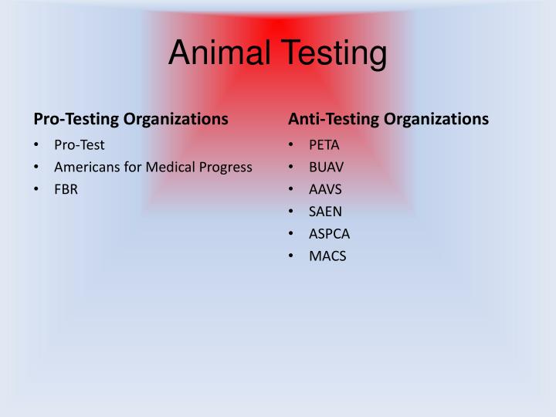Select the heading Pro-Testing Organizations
(x=131, y=119)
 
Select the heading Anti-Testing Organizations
(x=388, y=119)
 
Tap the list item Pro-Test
(x=79, y=145)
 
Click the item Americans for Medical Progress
(x=153, y=167)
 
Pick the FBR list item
(x=66, y=189)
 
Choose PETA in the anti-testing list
(x=324, y=145)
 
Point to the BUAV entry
(x=327, y=167)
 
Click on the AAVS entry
(x=325, y=189)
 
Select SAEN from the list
(x=325, y=212)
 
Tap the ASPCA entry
(x=330, y=234)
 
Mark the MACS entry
(x=327, y=256)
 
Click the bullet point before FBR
(x=37, y=189)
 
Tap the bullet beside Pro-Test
(x=37, y=145)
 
